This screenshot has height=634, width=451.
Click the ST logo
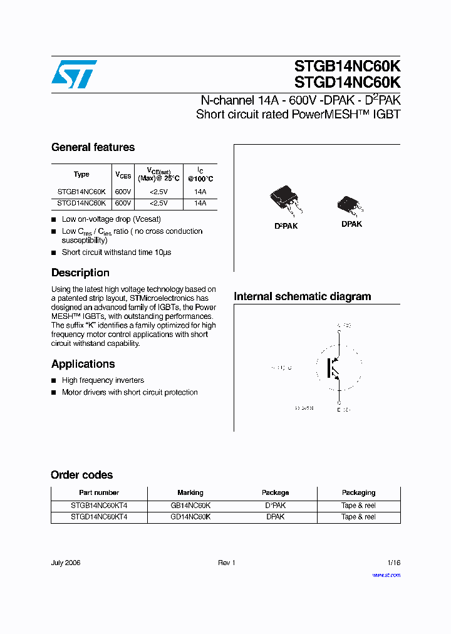74,74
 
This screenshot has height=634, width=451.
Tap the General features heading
93,147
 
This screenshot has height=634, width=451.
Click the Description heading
80,273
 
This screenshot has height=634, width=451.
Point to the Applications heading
83,364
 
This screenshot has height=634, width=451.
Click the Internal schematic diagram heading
302,296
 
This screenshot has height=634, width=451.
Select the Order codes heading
81,475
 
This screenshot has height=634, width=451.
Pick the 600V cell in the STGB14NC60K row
123,192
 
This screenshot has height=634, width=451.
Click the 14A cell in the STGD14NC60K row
200,203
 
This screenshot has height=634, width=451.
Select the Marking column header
190,493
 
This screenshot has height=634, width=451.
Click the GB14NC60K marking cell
190,506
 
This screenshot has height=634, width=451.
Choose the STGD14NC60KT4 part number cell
99,517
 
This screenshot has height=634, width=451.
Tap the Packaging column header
358,493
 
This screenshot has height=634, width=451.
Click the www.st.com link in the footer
386,575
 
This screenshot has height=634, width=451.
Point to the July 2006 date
66,563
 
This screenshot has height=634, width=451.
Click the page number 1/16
393,563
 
